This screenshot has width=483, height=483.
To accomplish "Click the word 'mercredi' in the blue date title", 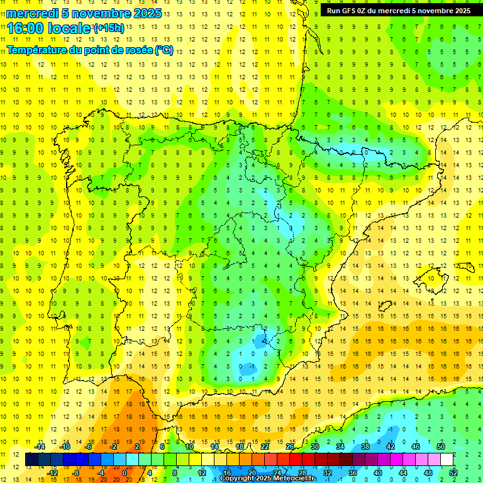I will [x=32, y=13].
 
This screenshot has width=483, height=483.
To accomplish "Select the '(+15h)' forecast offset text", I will [x=109, y=28].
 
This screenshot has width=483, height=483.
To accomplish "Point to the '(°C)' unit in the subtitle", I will [x=164, y=50].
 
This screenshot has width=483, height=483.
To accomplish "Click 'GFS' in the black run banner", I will [x=350, y=10].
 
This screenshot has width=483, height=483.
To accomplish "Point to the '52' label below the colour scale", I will [x=453, y=472].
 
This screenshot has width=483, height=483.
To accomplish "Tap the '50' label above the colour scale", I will [x=441, y=447].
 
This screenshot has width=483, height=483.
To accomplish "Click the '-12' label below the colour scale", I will [x=53, y=472].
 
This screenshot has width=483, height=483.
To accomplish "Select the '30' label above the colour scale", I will [x=315, y=447].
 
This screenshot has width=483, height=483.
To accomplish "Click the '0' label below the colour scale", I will [x=125, y=472].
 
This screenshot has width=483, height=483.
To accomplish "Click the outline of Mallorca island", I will [x=432, y=276].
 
